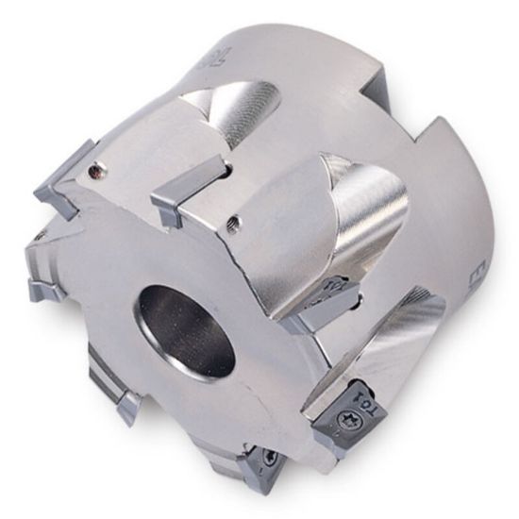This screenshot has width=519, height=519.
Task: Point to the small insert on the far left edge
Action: pos(42,283)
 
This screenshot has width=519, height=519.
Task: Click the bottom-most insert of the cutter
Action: pos(259,468)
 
